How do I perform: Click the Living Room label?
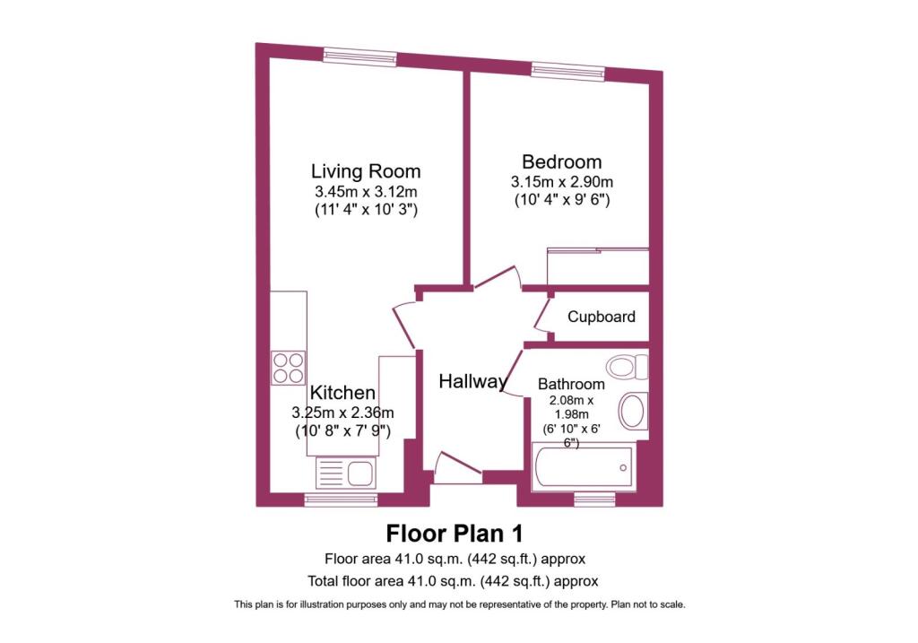tap(366, 171)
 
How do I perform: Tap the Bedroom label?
tap(562, 161)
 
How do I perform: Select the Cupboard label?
tap(602, 317)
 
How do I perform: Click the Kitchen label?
tap(342, 393)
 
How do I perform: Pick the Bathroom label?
tap(571, 384)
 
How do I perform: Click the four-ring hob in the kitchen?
tap(289, 367)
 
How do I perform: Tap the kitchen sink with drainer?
tap(346, 474)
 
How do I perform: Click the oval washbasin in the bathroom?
tap(633, 411)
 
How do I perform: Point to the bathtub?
tap(583, 467)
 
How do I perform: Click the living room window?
tap(360, 56)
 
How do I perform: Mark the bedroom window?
tap(567, 71)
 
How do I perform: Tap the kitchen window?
tap(342, 499)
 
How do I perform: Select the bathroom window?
tap(595, 499)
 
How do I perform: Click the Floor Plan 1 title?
tap(455, 534)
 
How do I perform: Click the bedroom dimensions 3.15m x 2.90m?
tap(562, 181)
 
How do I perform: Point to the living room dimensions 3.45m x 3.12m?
tap(366, 191)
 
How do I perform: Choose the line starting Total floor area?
tap(453, 581)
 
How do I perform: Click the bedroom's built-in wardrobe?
tap(598, 266)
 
